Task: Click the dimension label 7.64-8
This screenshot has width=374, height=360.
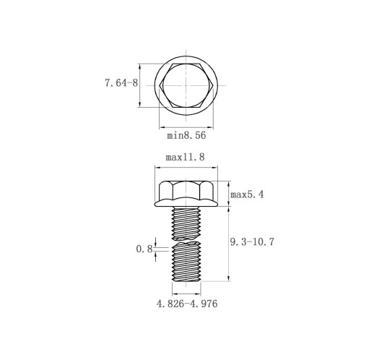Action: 121,83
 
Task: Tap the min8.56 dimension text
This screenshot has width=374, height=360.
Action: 186,135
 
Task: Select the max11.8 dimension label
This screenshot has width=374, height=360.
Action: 185,157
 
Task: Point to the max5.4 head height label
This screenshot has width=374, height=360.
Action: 247,194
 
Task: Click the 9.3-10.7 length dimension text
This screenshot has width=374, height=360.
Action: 252,241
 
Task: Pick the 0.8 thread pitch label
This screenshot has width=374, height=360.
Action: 144,249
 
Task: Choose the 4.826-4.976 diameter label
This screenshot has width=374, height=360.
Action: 187,304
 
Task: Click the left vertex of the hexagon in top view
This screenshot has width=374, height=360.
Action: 160,85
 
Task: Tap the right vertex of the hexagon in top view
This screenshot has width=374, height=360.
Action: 213,85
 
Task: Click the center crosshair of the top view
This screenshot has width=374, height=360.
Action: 186,85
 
